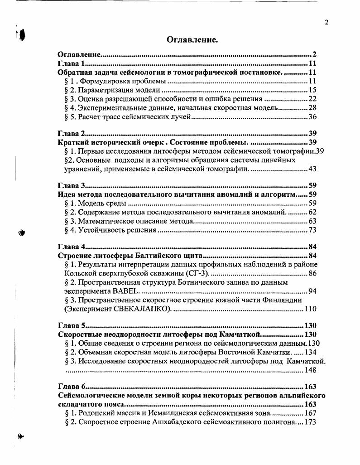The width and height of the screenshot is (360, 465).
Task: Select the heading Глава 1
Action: [72, 63]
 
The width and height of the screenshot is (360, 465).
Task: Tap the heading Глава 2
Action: [72, 133]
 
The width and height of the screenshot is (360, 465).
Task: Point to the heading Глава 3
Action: [72, 185]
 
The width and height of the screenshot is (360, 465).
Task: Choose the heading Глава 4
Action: [72, 247]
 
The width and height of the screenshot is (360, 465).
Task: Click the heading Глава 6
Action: [72, 387]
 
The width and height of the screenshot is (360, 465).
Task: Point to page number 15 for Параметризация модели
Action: [312, 90]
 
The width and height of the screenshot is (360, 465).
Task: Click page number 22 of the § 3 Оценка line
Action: [312, 99]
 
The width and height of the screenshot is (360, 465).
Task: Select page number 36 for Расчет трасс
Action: [312, 117]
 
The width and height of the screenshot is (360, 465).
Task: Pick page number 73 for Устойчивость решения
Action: [312, 230]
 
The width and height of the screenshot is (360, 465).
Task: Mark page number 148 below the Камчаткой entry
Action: [310, 370]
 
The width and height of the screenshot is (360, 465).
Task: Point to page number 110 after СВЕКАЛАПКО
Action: [310, 309]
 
